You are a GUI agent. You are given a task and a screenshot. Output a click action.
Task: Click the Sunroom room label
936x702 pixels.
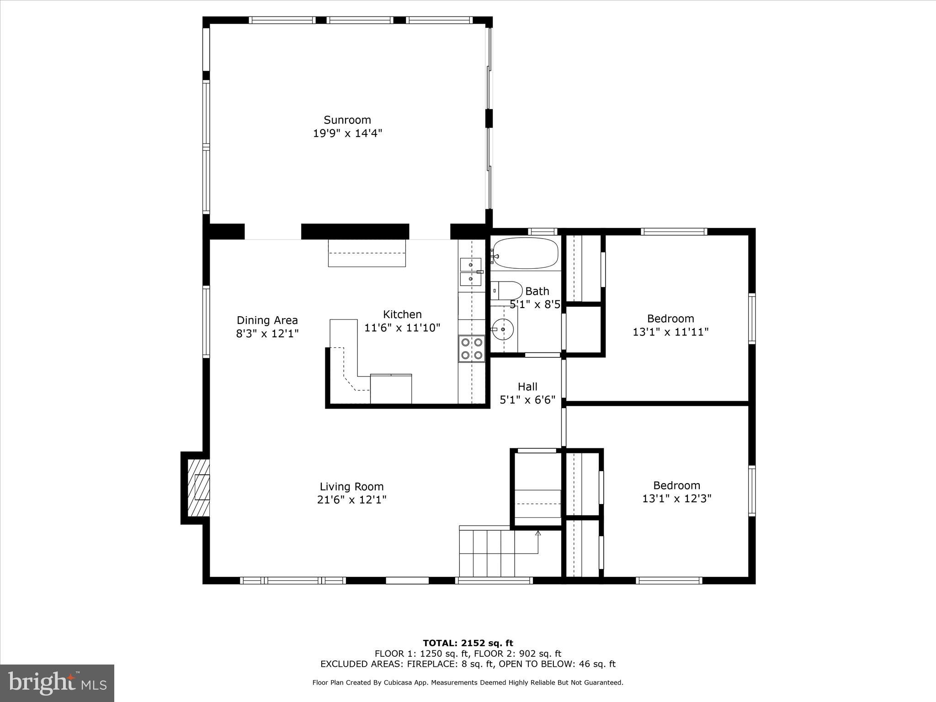point(347,120)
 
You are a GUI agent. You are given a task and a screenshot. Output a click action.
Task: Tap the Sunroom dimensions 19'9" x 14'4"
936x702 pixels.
point(347,133)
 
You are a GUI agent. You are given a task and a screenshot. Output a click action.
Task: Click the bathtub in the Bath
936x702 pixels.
point(526,253)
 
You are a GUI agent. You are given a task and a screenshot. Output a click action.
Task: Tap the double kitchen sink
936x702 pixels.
point(471,272)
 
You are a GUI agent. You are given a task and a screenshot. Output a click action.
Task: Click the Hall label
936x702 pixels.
point(527,387)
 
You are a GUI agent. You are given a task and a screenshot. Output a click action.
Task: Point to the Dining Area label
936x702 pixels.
point(267,320)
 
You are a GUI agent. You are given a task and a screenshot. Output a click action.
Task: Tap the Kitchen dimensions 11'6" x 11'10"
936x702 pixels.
point(402,328)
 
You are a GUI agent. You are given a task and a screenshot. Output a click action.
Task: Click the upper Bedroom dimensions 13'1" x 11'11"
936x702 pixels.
point(670,332)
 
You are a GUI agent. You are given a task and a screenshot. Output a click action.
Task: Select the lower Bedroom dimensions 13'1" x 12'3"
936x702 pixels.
point(677,499)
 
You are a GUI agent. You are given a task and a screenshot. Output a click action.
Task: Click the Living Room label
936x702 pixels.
point(351,487)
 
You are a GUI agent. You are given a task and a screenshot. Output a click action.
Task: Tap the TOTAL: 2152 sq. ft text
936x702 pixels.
point(468,643)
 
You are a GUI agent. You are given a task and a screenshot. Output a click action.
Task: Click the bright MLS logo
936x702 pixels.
point(57,683)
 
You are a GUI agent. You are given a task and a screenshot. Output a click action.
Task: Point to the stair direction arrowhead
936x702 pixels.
point(538,533)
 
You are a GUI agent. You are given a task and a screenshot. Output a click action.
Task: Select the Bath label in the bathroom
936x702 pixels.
point(537,291)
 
